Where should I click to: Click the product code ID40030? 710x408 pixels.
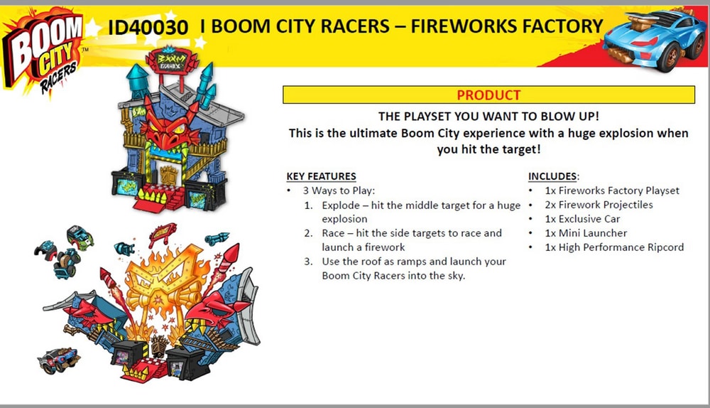pyautogui.click(x=148, y=28)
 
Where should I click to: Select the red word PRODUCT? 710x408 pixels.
pyautogui.click(x=488, y=95)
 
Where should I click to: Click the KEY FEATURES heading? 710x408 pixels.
pyautogui.click(x=321, y=176)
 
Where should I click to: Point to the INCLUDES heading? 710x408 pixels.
pyautogui.click(x=554, y=176)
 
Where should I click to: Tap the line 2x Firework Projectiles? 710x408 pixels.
pyautogui.click(x=598, y=205)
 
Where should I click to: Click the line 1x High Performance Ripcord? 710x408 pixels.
pyautogui.click(x=613, y=247)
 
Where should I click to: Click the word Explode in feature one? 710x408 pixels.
pyautogui.click(x=341, y=205)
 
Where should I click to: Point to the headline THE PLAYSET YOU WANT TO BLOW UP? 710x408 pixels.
pyautogui.click(x=488, y=117)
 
